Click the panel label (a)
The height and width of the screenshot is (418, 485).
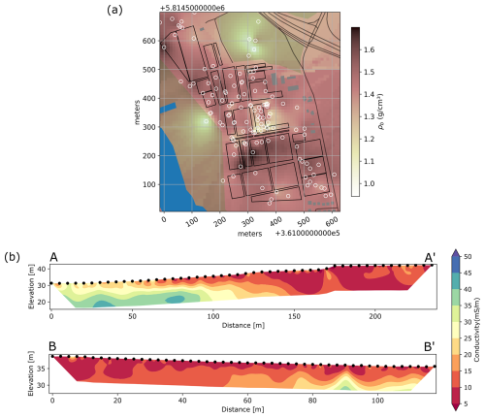pyautogui.click(x=140, y=10)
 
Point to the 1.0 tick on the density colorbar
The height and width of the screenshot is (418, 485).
pyautogui.click(x=375, y=183)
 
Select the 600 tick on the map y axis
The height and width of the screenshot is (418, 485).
pyautogui.click(x=147, y=42)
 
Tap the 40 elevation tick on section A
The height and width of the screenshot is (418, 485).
pyautogui.click(x=40, y=267)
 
